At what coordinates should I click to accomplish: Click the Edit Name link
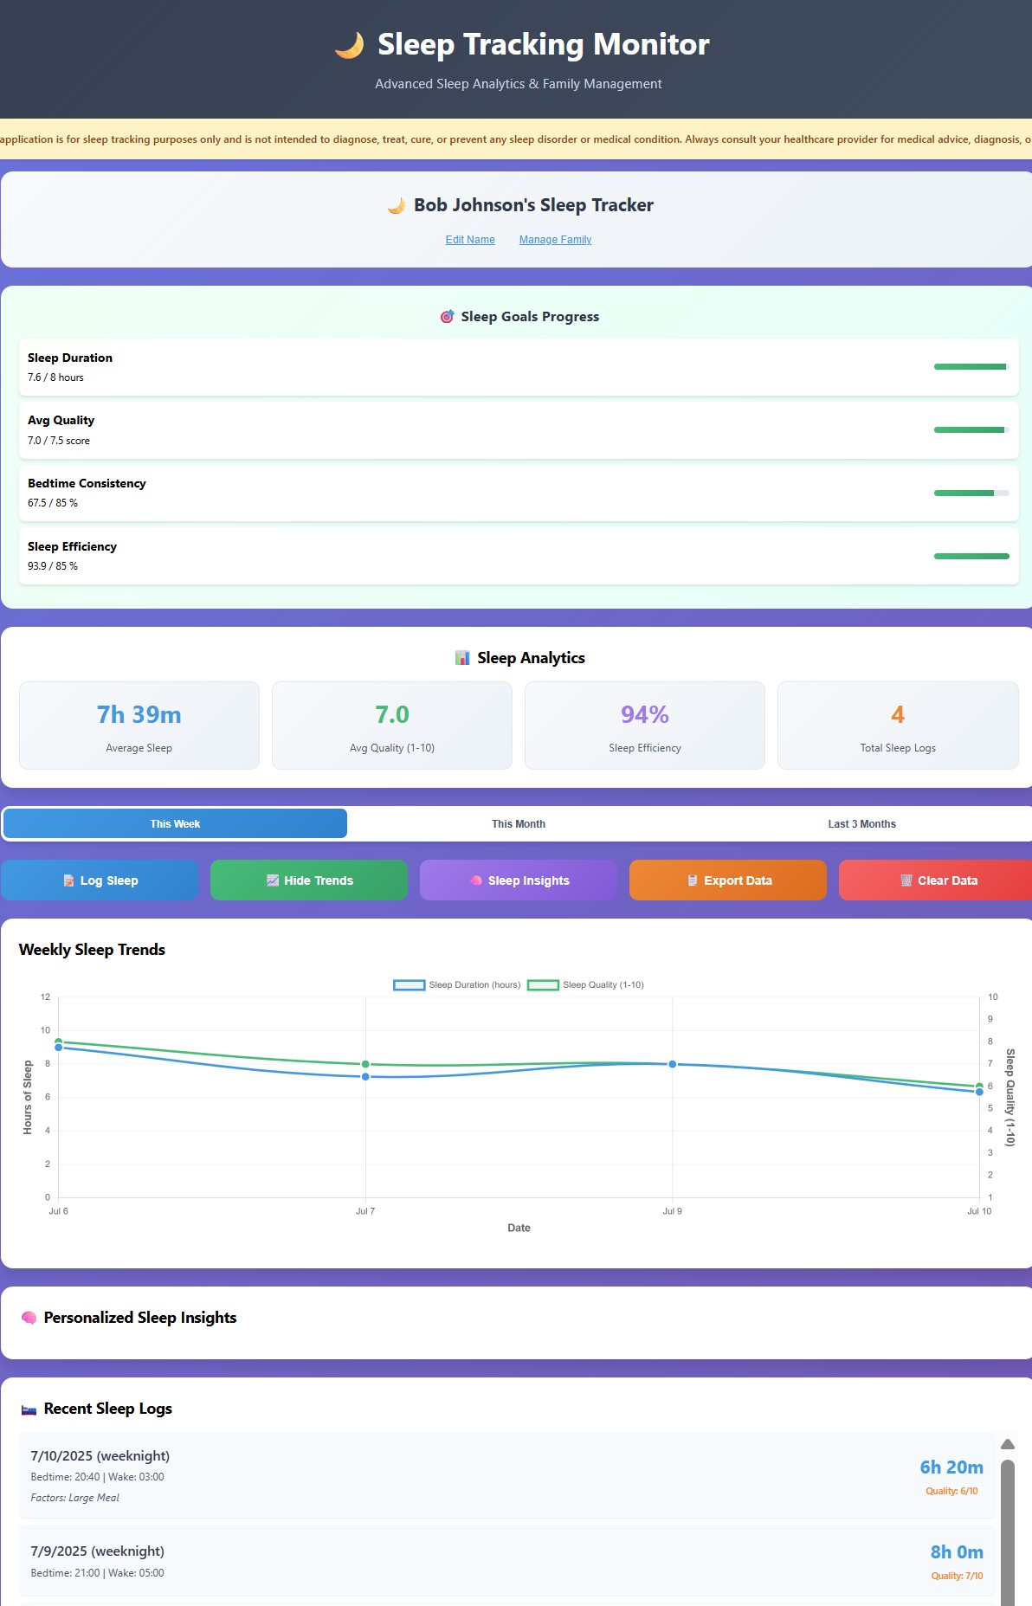click(470, 240)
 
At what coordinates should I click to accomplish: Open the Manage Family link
click(555, 240)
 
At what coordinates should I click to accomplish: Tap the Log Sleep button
click(100, 880)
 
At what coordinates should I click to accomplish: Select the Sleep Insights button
click(519, 880)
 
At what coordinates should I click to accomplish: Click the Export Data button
click(728, 880)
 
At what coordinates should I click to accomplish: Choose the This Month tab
click(519, 824)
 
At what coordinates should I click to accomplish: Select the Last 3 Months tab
click(861, 824)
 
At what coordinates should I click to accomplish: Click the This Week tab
click(175, 824)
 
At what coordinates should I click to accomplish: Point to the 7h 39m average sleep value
click(139, 715)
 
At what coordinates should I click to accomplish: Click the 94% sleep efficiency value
click(645, 715)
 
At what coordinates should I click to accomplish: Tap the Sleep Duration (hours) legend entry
click(457, 985)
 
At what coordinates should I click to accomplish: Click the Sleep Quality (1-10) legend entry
click(586, 985)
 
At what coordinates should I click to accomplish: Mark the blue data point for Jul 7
click(365, 1077)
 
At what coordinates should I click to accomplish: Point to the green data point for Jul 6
click(59, 1042)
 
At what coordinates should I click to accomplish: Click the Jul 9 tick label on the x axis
click(673, 1211)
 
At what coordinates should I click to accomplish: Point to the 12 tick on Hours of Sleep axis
click(45, 997)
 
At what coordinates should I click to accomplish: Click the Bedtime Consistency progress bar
click(971, 493)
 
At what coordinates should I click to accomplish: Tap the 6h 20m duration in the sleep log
click(951, 1467)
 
